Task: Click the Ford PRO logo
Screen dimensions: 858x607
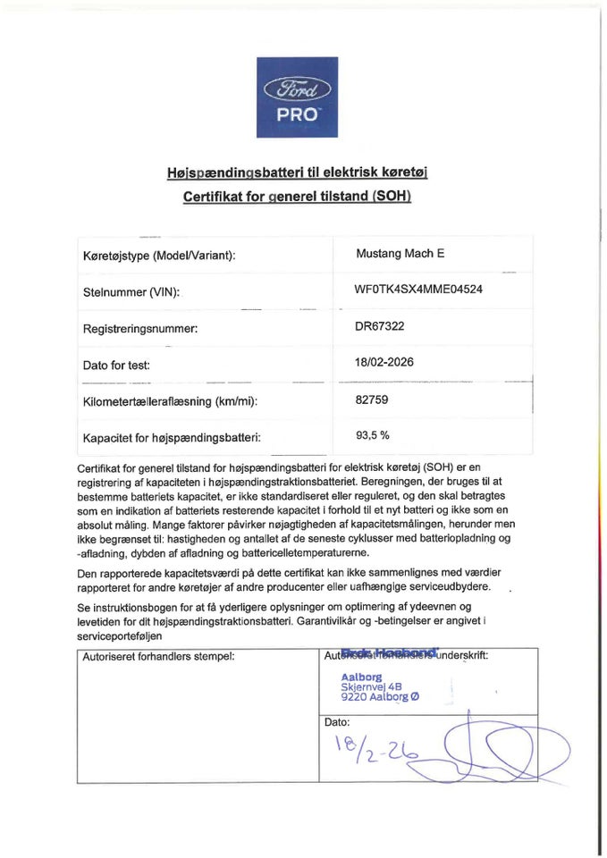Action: pos(298,99)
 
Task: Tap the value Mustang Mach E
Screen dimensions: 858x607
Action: pos(400,254)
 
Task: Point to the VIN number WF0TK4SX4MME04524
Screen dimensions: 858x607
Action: pos(420,290)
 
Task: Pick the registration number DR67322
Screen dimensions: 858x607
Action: pos(380,326)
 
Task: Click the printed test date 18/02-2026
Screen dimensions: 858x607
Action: pos(385,363)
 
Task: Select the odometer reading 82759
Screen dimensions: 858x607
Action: pos(372,400)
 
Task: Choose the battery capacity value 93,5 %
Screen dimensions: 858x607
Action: pos(373,436)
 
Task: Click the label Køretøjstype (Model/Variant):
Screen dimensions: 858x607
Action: pos(159,256)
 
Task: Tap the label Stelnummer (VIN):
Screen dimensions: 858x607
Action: pos(131,292)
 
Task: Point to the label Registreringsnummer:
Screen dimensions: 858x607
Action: pos(140,328)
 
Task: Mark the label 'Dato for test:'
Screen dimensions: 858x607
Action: pos(116,365)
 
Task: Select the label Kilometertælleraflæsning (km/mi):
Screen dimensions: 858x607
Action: pos(170,401)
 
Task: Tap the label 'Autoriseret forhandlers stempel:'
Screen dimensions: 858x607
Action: pos(158,656)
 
